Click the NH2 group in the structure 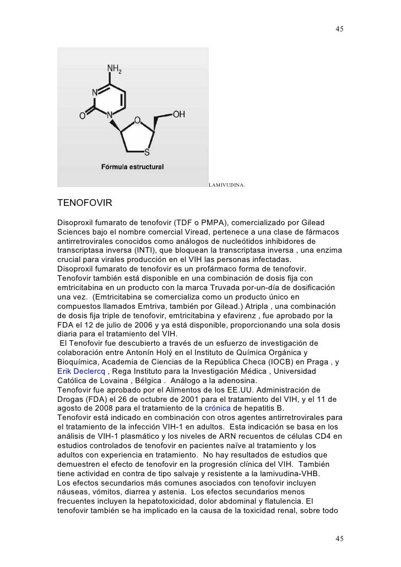tap(115, 69)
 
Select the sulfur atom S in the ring tap(147, 152)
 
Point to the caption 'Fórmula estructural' tap(132, 167)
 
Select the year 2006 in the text tap(163, 324)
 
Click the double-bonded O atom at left tap(82, 117)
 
